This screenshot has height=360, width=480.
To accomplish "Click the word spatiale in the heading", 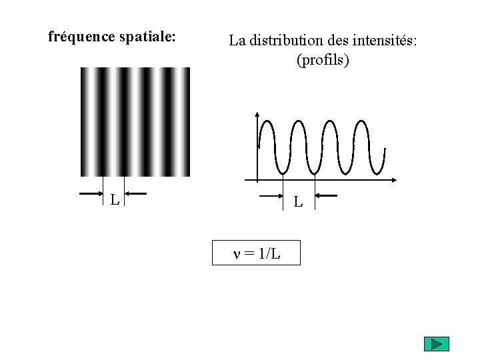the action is pyautogui.click(x=147, y=36).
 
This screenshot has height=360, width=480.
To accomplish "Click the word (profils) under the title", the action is pyautogui.click(x=323, y=60).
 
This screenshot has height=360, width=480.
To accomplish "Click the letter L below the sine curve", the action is pyautogui.click(x=298, y=201).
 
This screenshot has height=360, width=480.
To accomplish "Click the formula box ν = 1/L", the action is pyautogui.click(x=256, y=253).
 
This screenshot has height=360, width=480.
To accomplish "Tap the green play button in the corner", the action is pyautogui.click(x=437, y=345).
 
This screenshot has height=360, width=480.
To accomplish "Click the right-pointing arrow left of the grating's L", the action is pyautogui.click(x=91, y=194).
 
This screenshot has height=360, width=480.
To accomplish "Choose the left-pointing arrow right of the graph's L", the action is pyautogui.click(x=327, y=196).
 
